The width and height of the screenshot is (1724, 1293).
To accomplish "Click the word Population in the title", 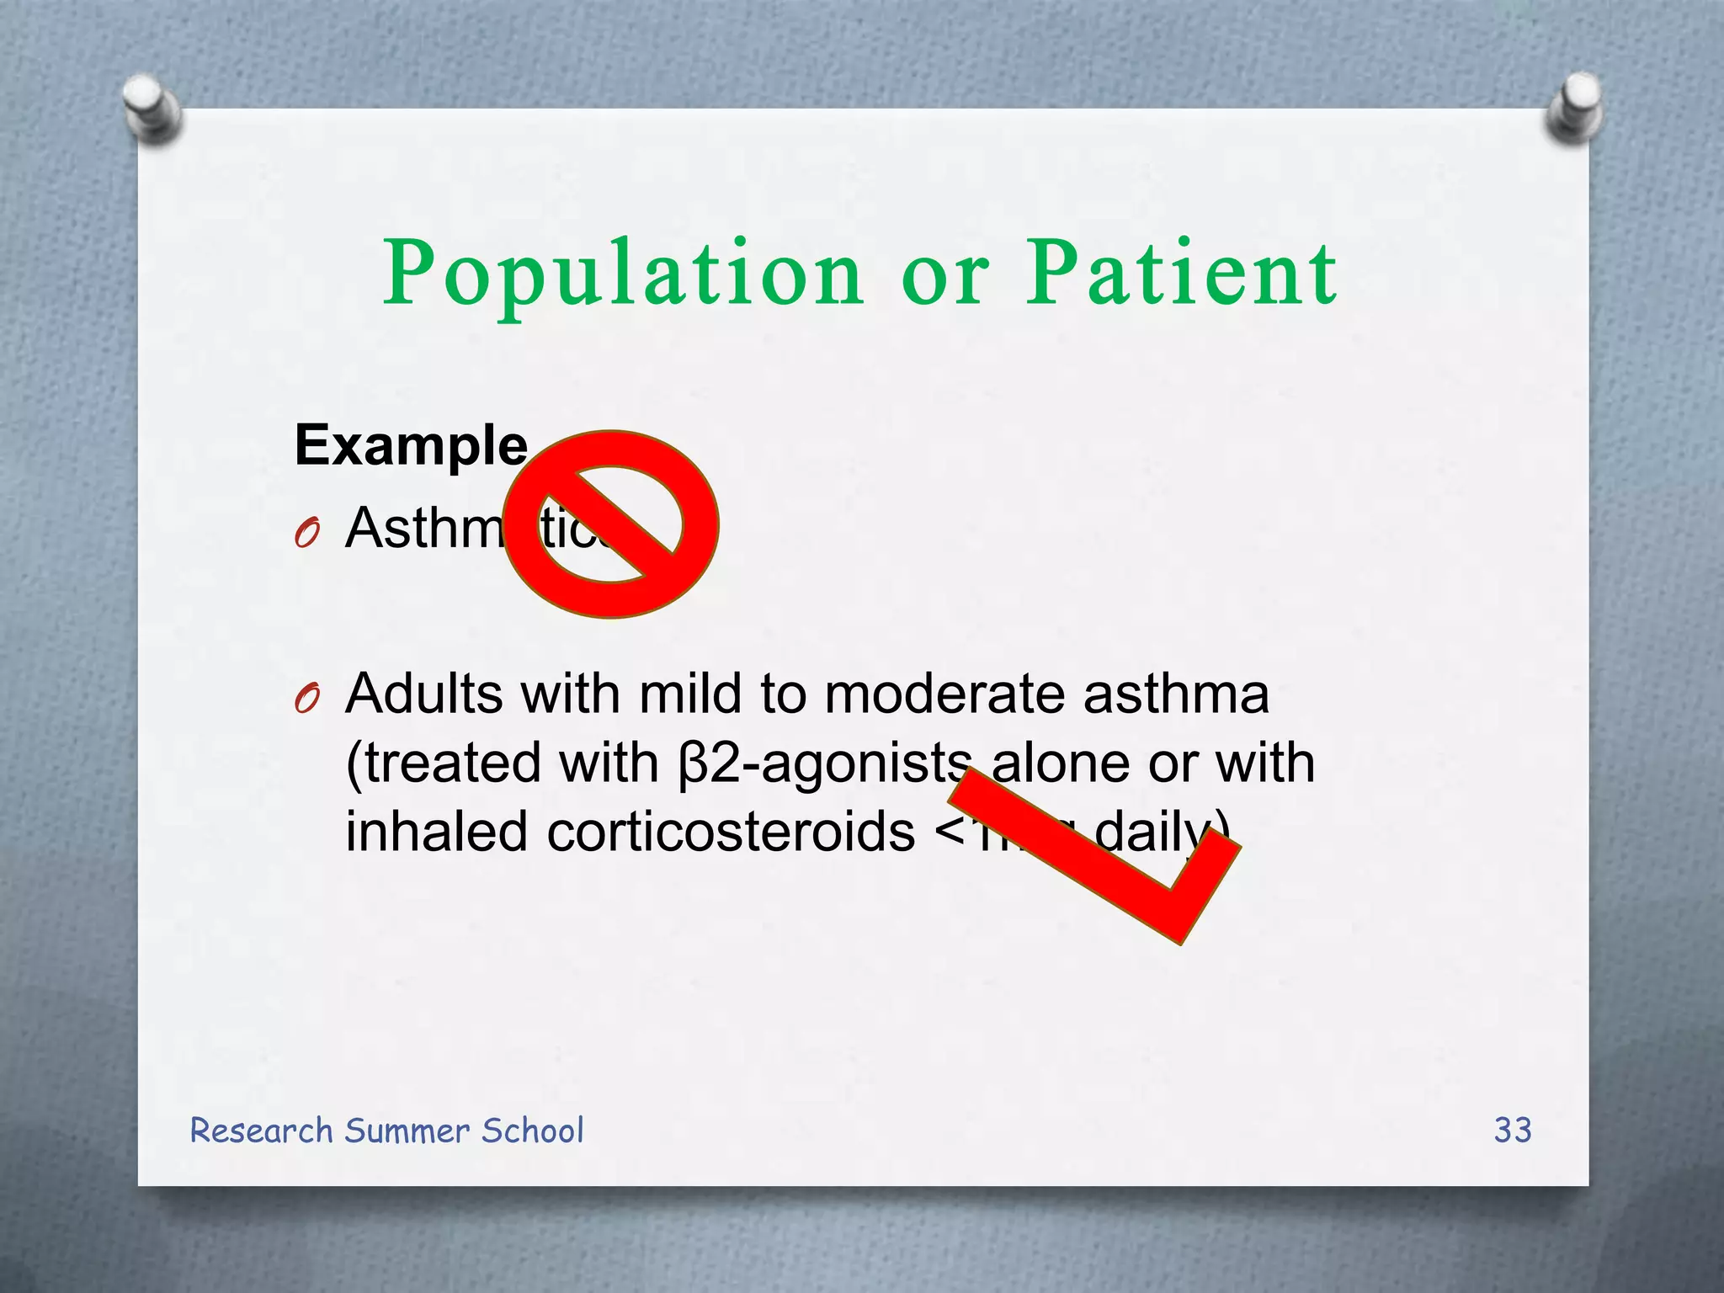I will [623, 274].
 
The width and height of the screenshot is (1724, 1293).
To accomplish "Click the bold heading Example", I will [411, 445].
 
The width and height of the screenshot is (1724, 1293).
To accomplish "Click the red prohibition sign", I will [612, 524].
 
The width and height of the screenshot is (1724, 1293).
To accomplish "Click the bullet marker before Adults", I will [308, 699].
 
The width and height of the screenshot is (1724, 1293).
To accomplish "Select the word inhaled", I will [437, 833].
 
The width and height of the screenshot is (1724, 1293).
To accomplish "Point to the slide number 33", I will [1513, 1130].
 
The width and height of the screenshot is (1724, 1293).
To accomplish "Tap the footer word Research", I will [262, 1131].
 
